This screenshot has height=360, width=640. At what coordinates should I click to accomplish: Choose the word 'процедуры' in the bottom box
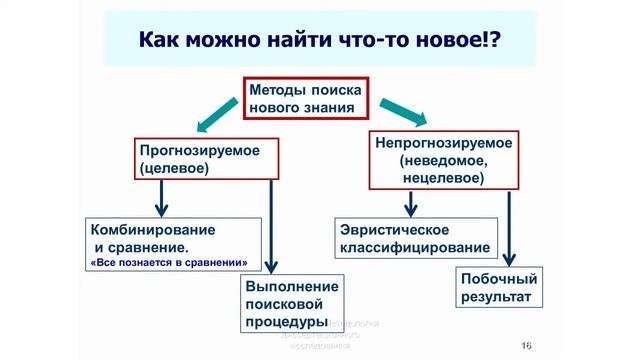287,322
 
